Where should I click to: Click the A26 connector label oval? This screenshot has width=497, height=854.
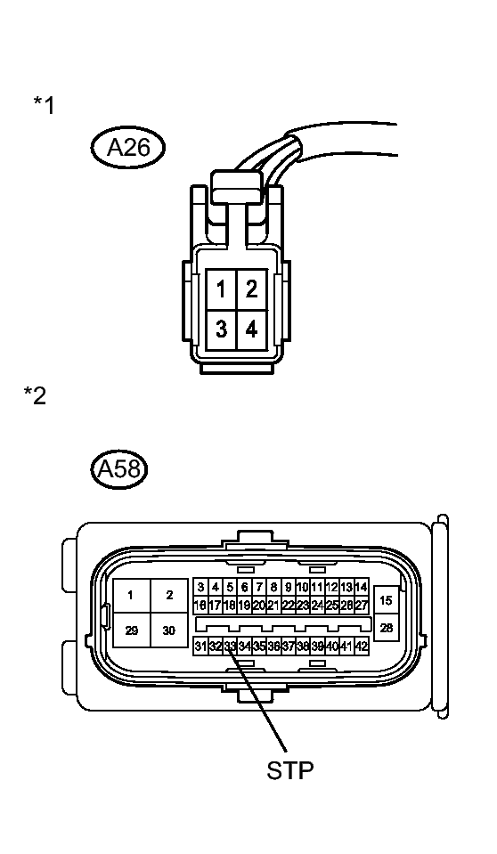point(127,148)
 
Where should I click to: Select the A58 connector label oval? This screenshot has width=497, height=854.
point(119,468)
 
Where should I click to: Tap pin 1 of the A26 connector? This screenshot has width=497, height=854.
point(221,289)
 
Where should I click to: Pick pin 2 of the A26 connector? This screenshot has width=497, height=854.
point(252,289)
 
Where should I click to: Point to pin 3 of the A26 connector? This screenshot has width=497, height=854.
point(221,329)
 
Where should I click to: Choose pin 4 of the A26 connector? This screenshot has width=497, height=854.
point(252,329)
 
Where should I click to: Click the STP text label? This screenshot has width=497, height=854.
point(290,770)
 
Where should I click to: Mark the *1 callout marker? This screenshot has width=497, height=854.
point(45,105)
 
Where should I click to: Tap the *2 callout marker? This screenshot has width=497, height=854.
point(35,396)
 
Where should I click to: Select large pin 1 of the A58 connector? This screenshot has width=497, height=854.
point(132,595)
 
